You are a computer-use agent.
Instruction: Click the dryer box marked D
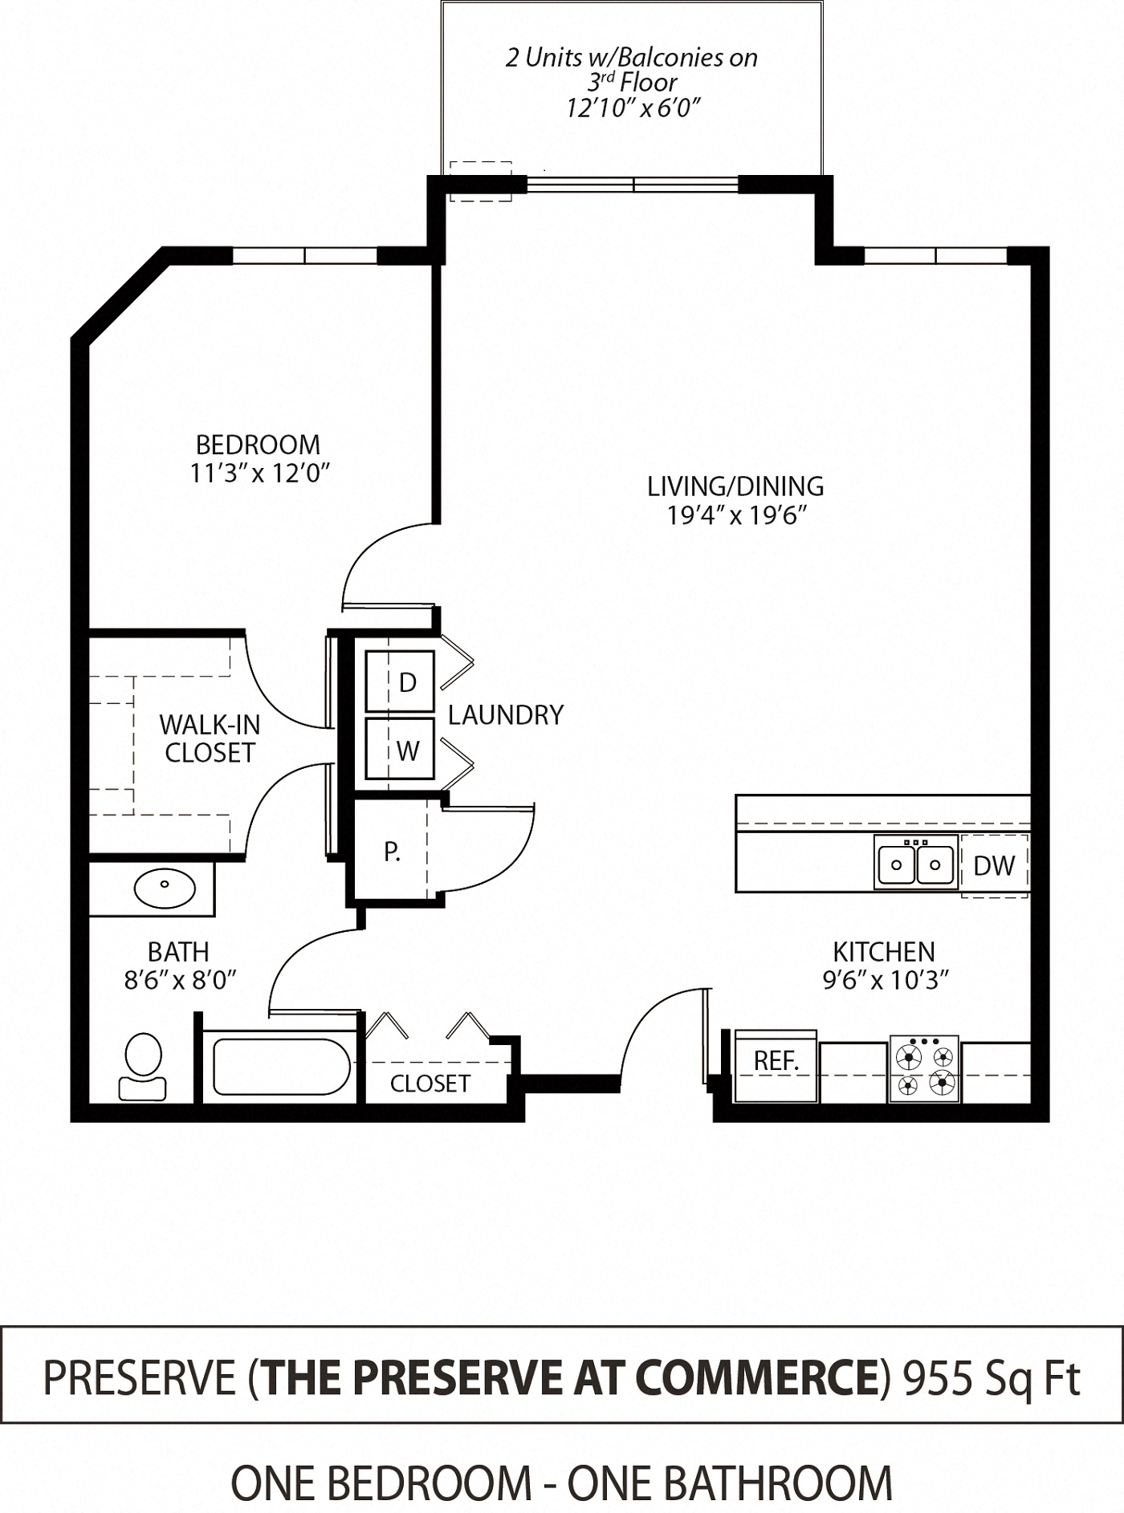pyautogui.click(x=400, y=681)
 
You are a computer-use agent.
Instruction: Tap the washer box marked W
pyautogui.click(x=400, y=750)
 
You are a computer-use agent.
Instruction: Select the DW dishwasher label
pyautogui.click(x=994, y=865)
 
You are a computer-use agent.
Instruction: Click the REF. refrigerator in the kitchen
pyautogui.click(x=776, y=1064)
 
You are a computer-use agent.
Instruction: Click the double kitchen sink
pyautogui.click(x=915, y=864)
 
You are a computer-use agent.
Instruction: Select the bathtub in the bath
pyautogui.click(x=280, y=1066)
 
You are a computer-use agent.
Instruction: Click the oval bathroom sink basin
pyautogui.click(x=165, y=887)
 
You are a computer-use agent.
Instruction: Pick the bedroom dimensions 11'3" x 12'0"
pyautogui.click(x=259, y=474)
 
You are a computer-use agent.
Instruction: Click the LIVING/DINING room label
pyautogui.click(x=735, y=486)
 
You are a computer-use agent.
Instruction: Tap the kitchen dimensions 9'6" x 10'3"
pyautogui.click(x=885, y=980)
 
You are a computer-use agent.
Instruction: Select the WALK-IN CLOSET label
pyautogui.click(x=210, y=738)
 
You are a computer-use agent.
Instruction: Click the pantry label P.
pyautogui.click(x=392, y=852)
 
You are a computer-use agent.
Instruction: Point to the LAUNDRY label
pyautogui.click(x=505, y=714)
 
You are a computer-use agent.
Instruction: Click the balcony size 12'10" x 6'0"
pyautogui.click(x=633, y=108)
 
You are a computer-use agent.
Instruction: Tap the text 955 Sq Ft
pyautogui.click(x=992, y=1377)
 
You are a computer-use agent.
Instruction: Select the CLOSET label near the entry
pyautogui.click(x=430, y=1084)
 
